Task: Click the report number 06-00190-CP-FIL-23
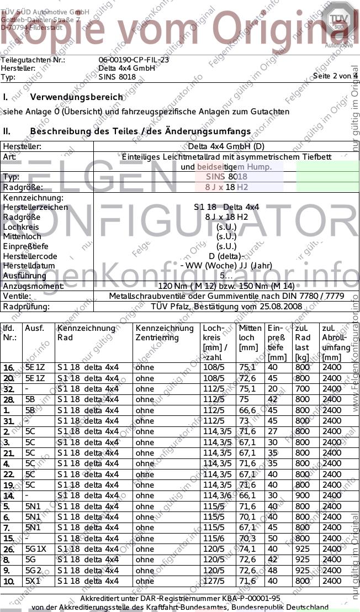[134, 60]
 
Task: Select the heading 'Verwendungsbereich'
[77, 97]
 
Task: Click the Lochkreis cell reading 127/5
[214, 581]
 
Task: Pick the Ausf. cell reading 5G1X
[36, 549]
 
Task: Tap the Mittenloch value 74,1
[247, 549]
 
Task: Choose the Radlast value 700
[302, 389]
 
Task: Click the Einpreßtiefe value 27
[272, 431]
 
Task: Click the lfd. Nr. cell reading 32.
[8, 389]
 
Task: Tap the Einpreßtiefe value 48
[272, 571]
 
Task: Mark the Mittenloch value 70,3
[247, 539]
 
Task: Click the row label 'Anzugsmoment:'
[33, 286]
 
